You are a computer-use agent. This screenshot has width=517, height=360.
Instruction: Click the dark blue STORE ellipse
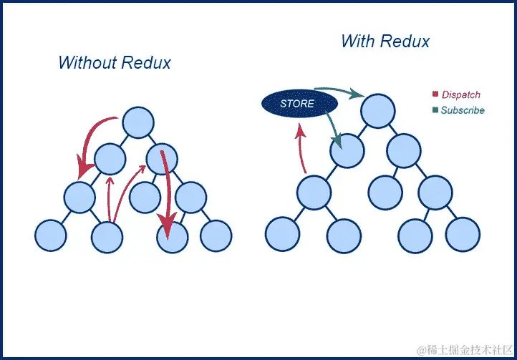tap(297, 104)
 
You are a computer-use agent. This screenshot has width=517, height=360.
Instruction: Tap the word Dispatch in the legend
tap(460, 94)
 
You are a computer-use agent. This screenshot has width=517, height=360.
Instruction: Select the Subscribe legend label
tap(462, 110)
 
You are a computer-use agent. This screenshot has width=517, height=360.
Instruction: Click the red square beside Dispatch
tap(435, 94)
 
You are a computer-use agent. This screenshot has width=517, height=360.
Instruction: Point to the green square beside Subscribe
tap(435, 110)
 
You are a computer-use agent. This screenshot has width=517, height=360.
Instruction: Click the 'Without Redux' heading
tap(115, 63)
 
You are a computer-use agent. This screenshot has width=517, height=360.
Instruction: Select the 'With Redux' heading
tap(385, 41)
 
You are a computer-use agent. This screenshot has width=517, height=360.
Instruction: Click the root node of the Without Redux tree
tap(137, 123)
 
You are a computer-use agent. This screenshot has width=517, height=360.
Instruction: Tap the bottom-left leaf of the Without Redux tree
tap(50, 236)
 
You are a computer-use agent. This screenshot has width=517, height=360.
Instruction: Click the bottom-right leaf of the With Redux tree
tap(463, 235)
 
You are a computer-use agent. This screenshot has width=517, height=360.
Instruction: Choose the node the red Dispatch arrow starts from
tap(313, 192)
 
